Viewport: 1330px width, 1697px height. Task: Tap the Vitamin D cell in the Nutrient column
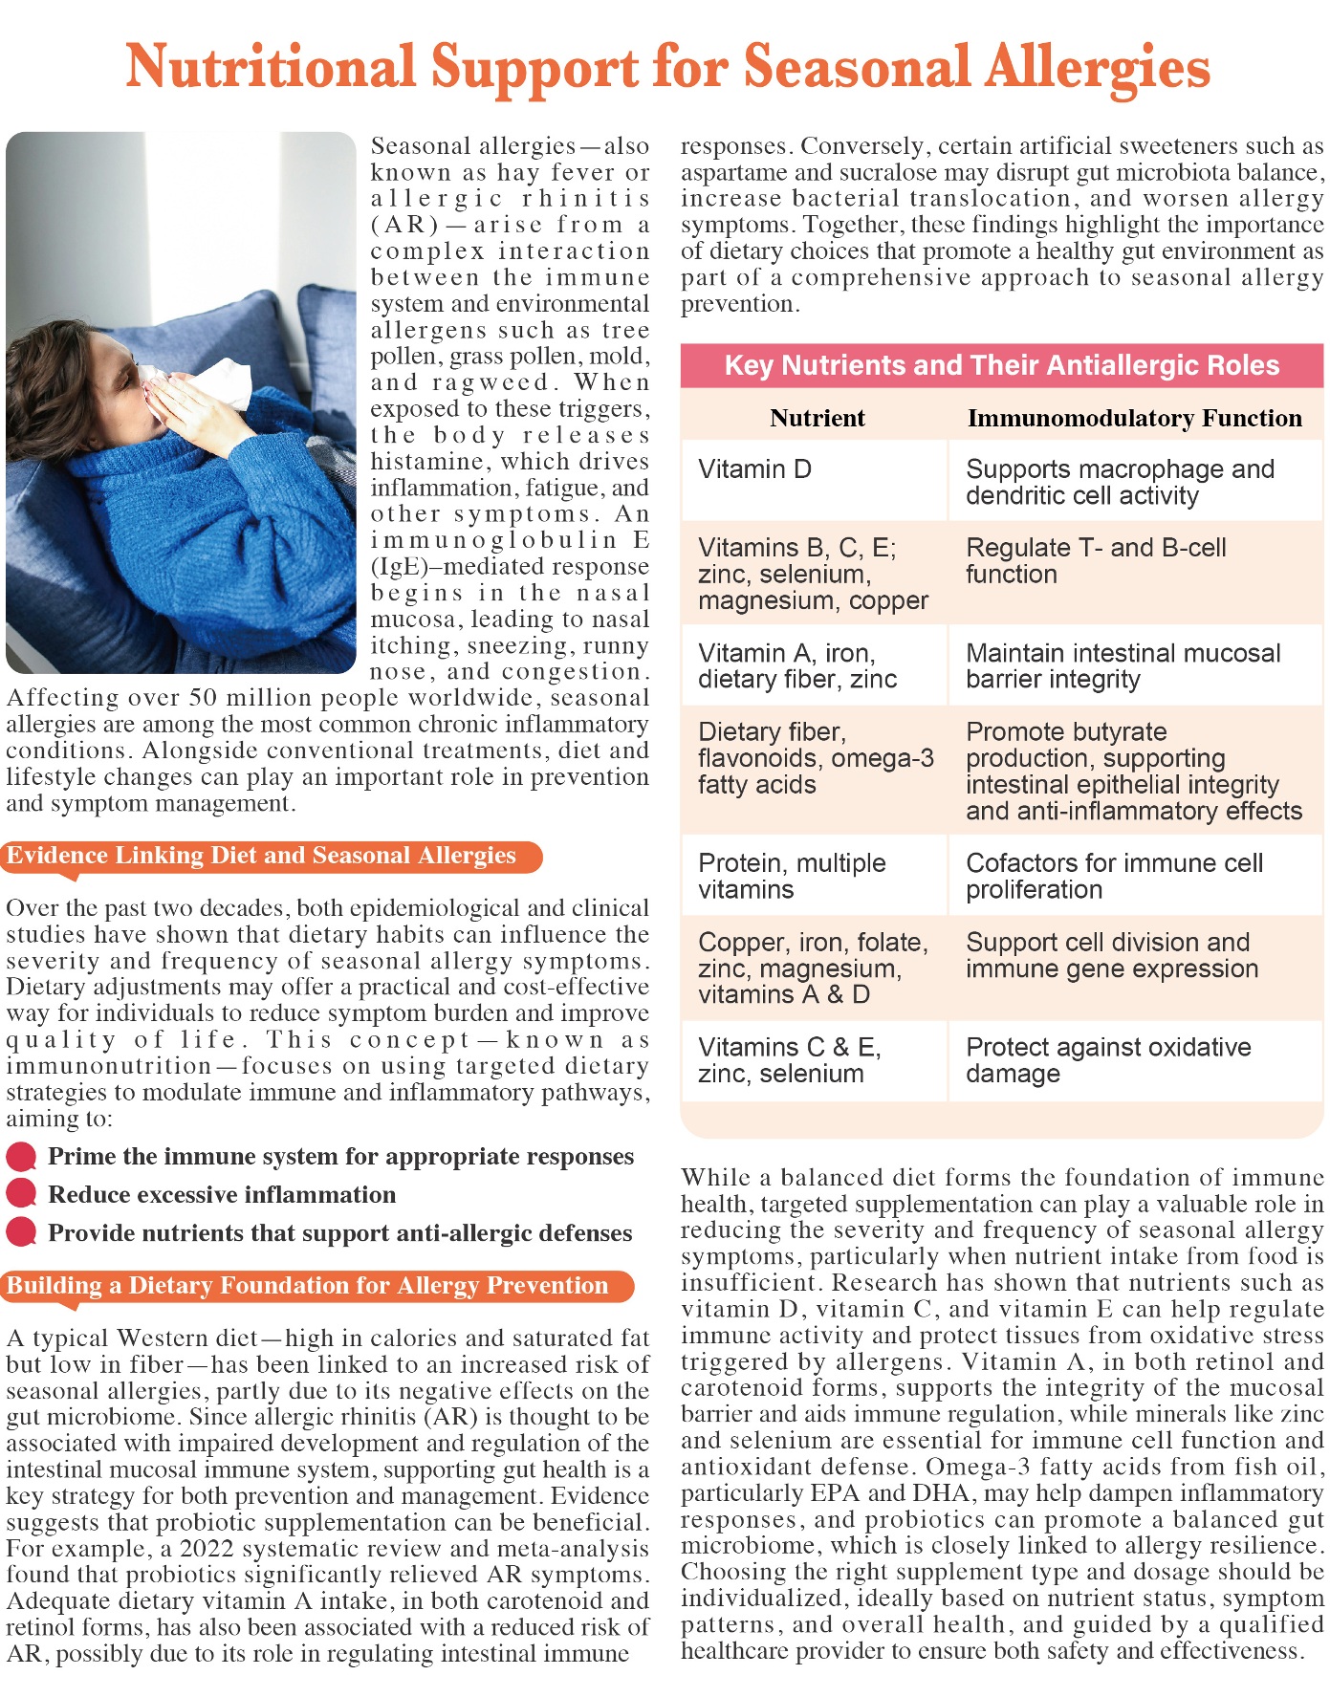754,469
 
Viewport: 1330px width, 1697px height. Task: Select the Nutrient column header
817,418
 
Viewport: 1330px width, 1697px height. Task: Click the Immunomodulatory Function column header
1134,418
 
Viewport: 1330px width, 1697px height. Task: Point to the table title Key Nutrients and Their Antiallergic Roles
1001,365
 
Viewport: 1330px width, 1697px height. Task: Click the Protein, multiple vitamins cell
792,876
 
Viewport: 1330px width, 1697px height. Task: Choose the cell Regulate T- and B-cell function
1095,560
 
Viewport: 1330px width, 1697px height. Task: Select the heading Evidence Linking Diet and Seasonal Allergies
262,856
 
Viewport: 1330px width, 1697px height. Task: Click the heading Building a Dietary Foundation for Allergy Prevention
308,1286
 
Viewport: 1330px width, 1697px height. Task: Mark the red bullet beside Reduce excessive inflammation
21,1194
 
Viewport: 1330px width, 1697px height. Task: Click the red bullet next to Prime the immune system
21,1157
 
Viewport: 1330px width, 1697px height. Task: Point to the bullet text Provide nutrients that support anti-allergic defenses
339,1233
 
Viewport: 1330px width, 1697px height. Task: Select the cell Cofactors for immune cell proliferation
1114,876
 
